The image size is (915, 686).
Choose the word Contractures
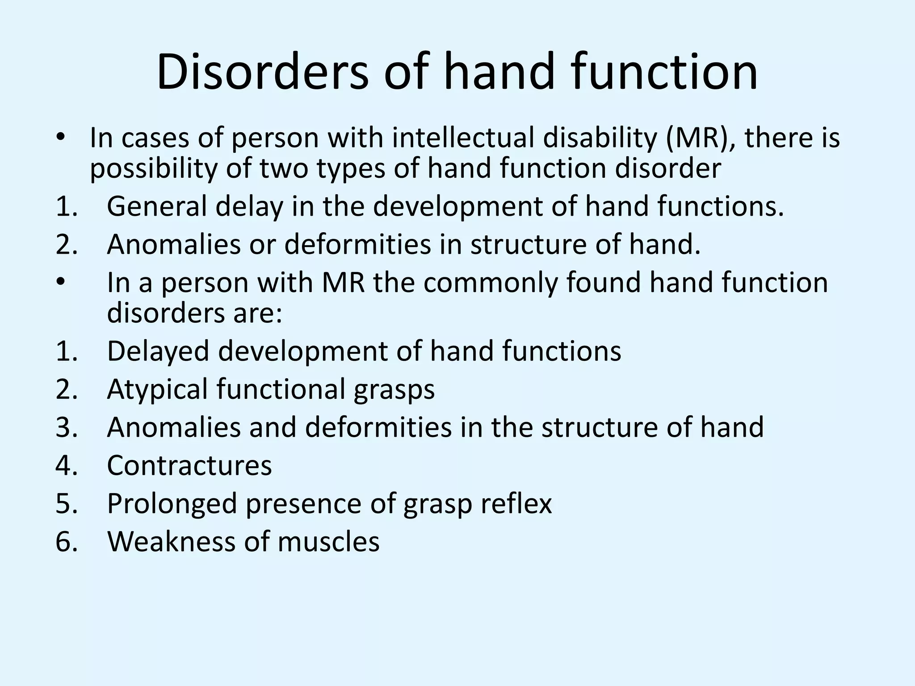(189, 465)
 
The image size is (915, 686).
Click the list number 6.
(66, 542)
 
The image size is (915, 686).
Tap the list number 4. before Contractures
(66, 465)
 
